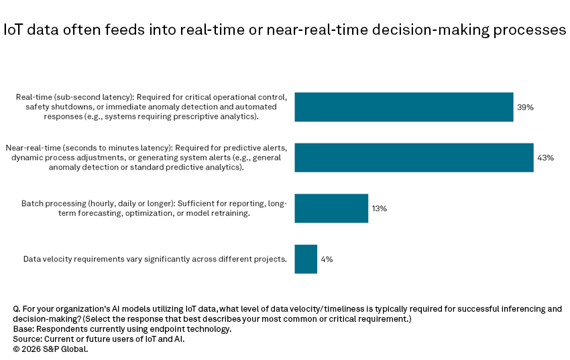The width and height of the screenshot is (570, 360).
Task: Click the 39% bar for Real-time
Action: point(404,107)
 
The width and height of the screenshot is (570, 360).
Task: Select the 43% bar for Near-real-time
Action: point(414,158)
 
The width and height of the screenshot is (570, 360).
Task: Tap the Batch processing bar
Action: point(331,208)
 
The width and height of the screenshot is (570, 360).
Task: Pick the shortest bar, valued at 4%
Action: point(306,259)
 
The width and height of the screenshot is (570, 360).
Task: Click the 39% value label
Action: point(524,107)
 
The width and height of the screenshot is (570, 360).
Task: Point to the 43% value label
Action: point(545,158)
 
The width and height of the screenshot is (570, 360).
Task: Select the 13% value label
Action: point(379,208)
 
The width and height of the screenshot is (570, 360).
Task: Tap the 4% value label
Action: point(326,259)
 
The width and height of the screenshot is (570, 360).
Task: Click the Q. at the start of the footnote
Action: point(17,309)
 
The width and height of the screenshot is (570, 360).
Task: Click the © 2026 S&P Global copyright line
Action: point(50,349)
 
